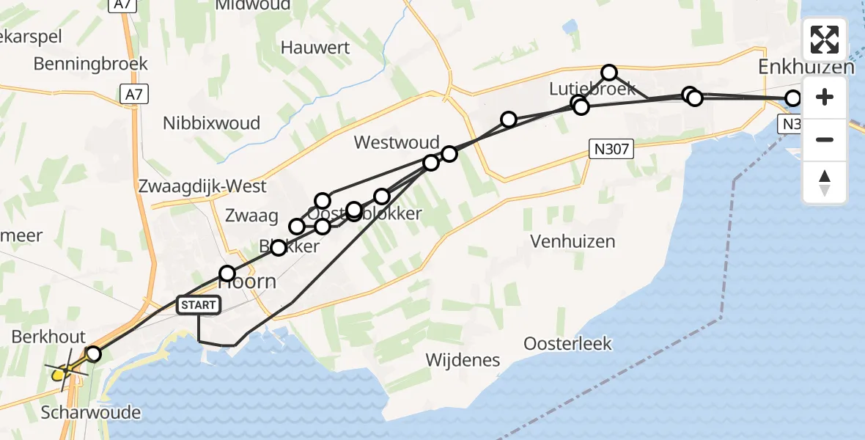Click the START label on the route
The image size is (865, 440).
point(198,305)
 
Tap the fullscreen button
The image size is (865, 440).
point(825,40)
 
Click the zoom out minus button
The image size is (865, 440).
point(825,139)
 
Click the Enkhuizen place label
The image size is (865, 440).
point(806,67)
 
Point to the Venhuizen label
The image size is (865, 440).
point(573,241)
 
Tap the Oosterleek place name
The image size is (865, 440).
point(567,343)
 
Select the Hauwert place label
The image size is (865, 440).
point(314,48)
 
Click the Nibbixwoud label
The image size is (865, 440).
point(212,122)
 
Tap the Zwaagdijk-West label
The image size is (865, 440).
point(202,186)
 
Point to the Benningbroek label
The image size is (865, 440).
point(91,64)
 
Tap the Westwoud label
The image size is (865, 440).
point(397,142)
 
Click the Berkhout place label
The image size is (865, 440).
point(48,337)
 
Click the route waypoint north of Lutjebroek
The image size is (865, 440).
point(609,72)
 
